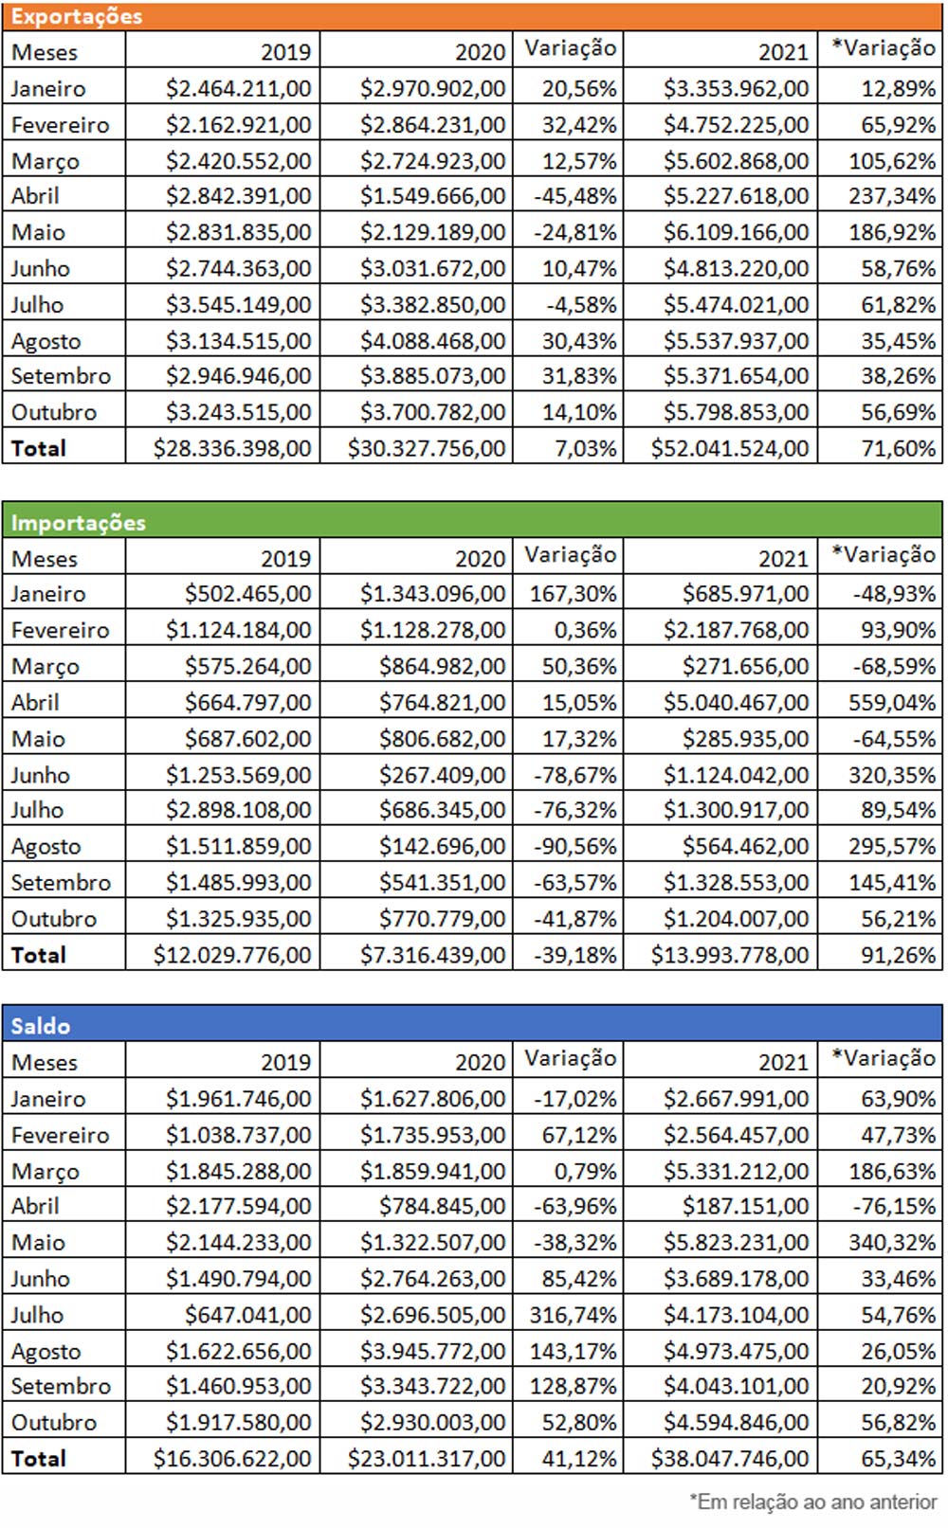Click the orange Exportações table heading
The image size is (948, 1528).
pyautogui.click(x=77, y=16)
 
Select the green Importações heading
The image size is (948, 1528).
pyautogui.click(x=79, y=522)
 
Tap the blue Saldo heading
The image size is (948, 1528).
pyautogui.click(x=41, y=1026)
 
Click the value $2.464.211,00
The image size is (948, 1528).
pyautogui.click(x=238, y=88)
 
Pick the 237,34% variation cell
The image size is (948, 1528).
pyautogui.click(x=891, y=196)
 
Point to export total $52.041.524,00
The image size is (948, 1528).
pyautogui.click(x=730, y=448)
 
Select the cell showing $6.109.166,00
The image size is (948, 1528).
pyautogui.click(x=736, y=232)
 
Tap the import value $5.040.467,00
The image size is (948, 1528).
pyautogui.click(x=736, y=703)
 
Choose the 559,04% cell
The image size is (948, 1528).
pyautogui.click(x=891, y=703)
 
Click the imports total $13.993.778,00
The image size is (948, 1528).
pyautogui.click(x=730, y=955)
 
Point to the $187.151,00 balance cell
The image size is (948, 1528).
pyautogui.click(x=745, y=1207)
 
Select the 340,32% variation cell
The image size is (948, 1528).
pyautogui.click(x=891, y=1243)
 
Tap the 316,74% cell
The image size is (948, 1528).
pyautogui.click(x=574, y=1315)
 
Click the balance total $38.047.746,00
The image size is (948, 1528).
pyautogui.click(x=730, y=1459)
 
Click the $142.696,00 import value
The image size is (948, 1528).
pyautogui.click(x=442, y=846)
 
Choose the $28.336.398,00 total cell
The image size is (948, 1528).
pyautogui.click(x=232, y=448)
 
